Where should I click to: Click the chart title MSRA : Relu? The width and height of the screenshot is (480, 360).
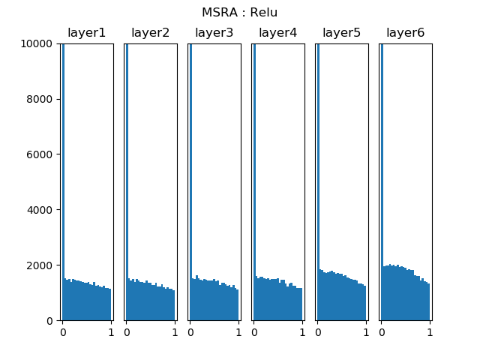coord(239,13)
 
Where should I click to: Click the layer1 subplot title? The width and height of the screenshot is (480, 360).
coord(87,33)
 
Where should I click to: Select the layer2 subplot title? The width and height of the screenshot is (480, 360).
coord(151,33)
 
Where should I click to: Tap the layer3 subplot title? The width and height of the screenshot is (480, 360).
coord(214,33)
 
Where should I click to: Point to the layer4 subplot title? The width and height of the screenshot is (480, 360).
coord(278,33)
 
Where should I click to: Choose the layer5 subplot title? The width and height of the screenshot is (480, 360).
coord(342,33)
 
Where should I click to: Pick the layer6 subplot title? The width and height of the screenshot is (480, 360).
coord(406,33)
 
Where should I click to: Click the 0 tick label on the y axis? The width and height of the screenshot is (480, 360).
coord(49,321)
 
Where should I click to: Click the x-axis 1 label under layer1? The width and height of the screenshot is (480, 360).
coord(111,331)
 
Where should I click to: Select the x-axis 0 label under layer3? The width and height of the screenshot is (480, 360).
coord(190,331)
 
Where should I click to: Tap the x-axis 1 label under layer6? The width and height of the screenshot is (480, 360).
coord(430,331)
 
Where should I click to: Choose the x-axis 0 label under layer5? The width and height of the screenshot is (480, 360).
coord(317,331)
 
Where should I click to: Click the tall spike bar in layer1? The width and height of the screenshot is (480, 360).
coord(63,180)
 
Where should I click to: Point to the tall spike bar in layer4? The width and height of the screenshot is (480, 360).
coord(254,180)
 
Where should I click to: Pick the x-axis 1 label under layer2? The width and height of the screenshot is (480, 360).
coord(175,331)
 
